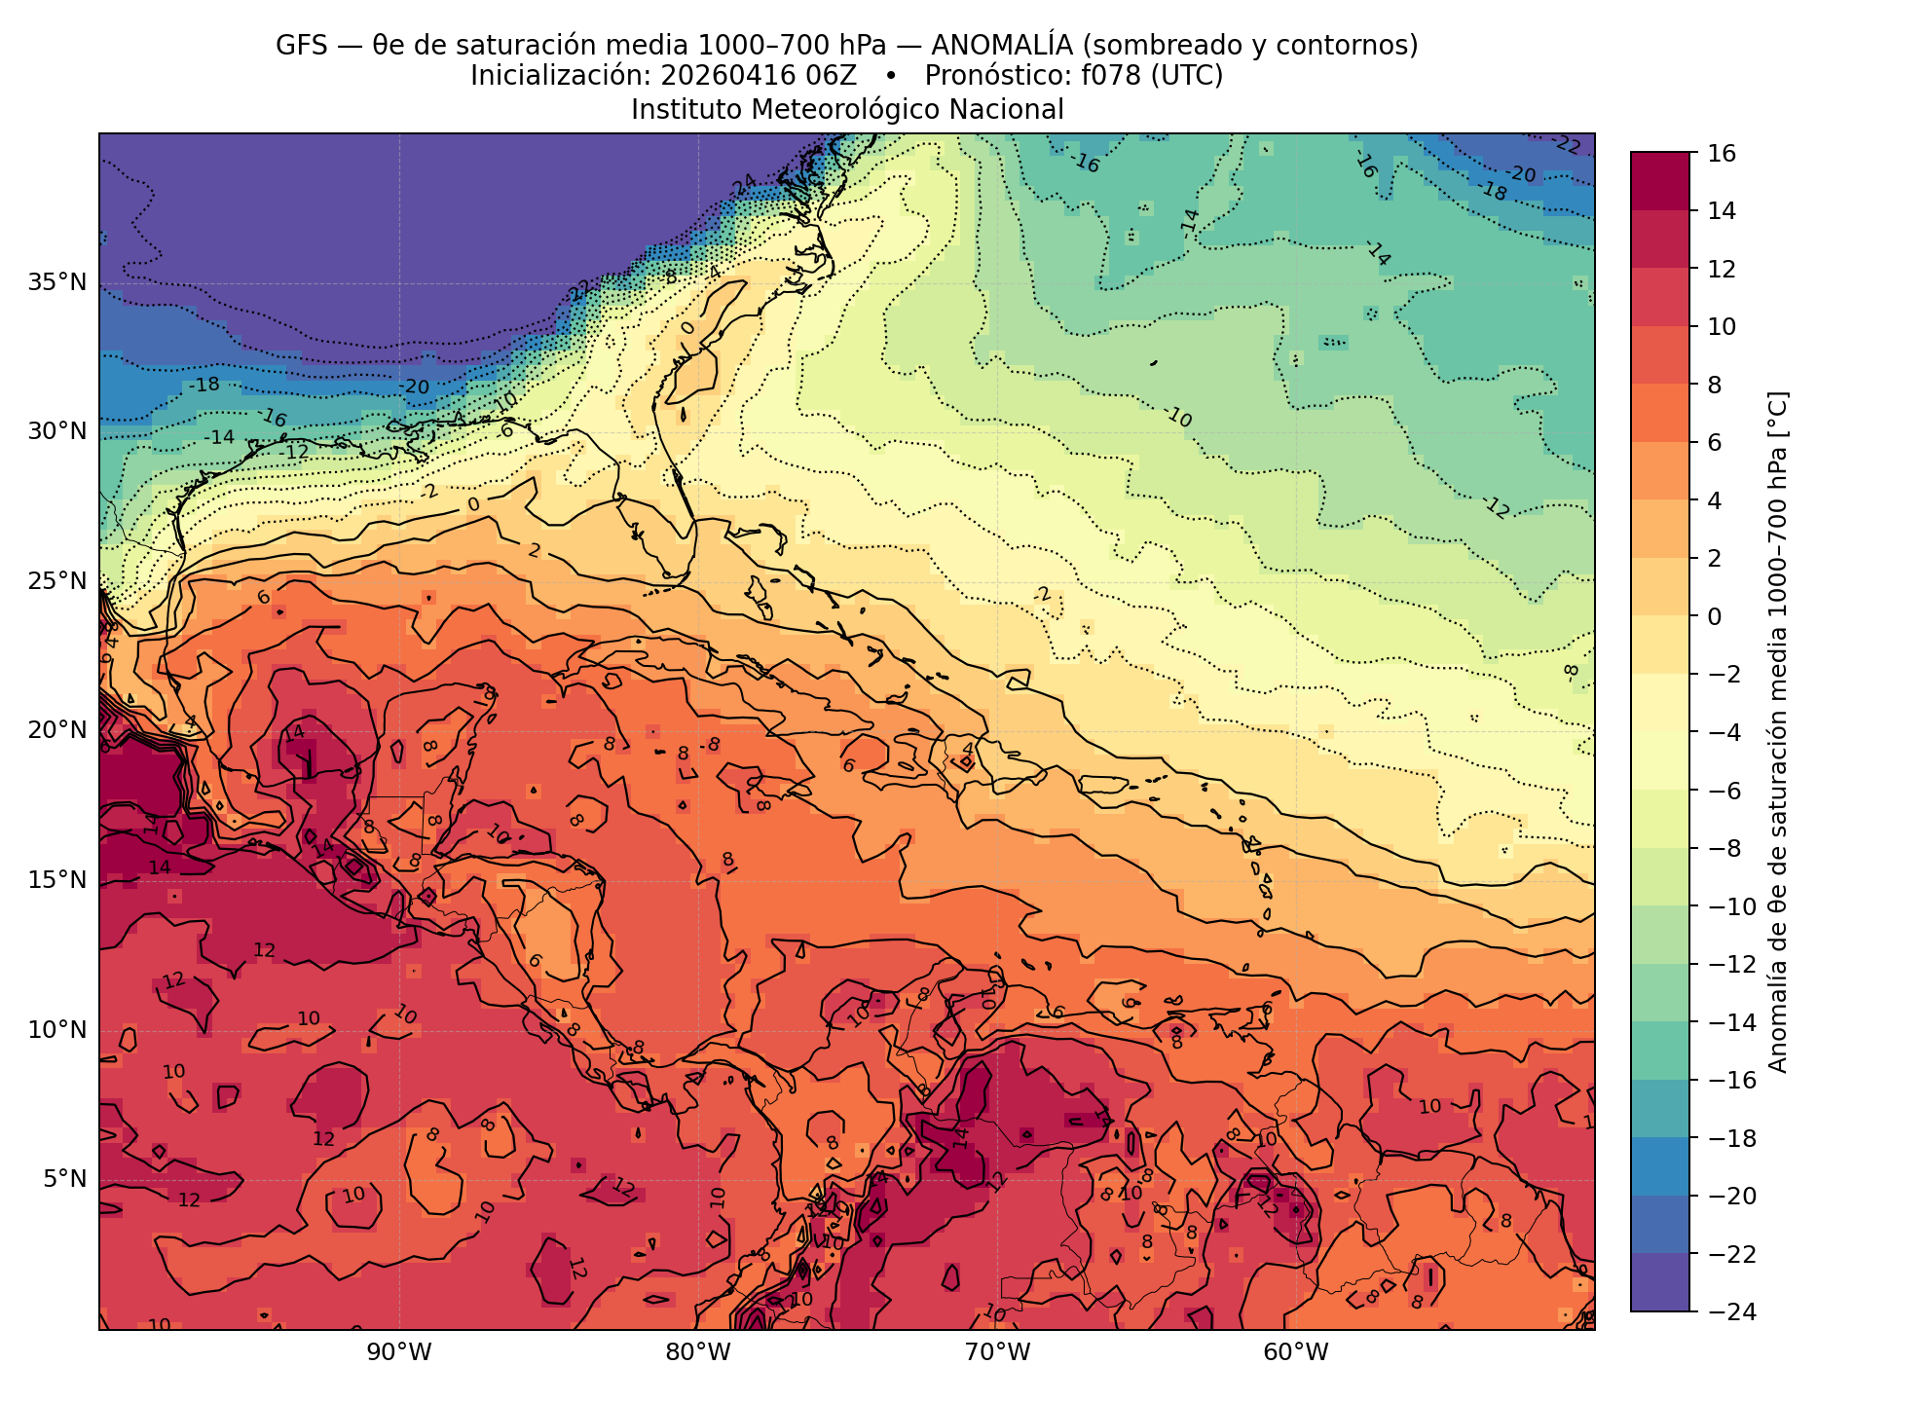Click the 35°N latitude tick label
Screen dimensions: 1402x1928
coord(57,283)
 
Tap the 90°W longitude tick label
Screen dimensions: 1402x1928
coord(398,1352)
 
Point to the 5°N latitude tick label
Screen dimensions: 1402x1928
coord(64,1180)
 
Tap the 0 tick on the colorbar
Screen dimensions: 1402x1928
coord(1715,616)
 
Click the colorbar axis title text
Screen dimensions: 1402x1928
coord(1777,732)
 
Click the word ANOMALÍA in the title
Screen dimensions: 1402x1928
coord(1002,46)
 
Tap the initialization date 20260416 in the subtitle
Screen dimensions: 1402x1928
coord(722,76)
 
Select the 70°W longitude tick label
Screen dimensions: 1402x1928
coord(997,1352)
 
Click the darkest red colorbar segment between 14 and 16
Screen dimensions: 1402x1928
coord(1660,181)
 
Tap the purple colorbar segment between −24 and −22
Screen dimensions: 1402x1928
coord(1660,1282)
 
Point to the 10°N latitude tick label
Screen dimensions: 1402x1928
coord(57,1030)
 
